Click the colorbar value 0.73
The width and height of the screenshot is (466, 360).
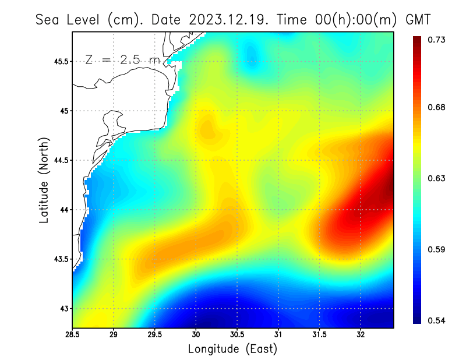437,40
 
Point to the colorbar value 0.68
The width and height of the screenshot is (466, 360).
437,107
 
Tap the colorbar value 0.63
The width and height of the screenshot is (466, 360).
437,178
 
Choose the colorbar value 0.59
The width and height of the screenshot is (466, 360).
437,249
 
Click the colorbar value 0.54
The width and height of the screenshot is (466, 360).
437,320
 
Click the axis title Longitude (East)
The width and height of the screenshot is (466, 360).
232,350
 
